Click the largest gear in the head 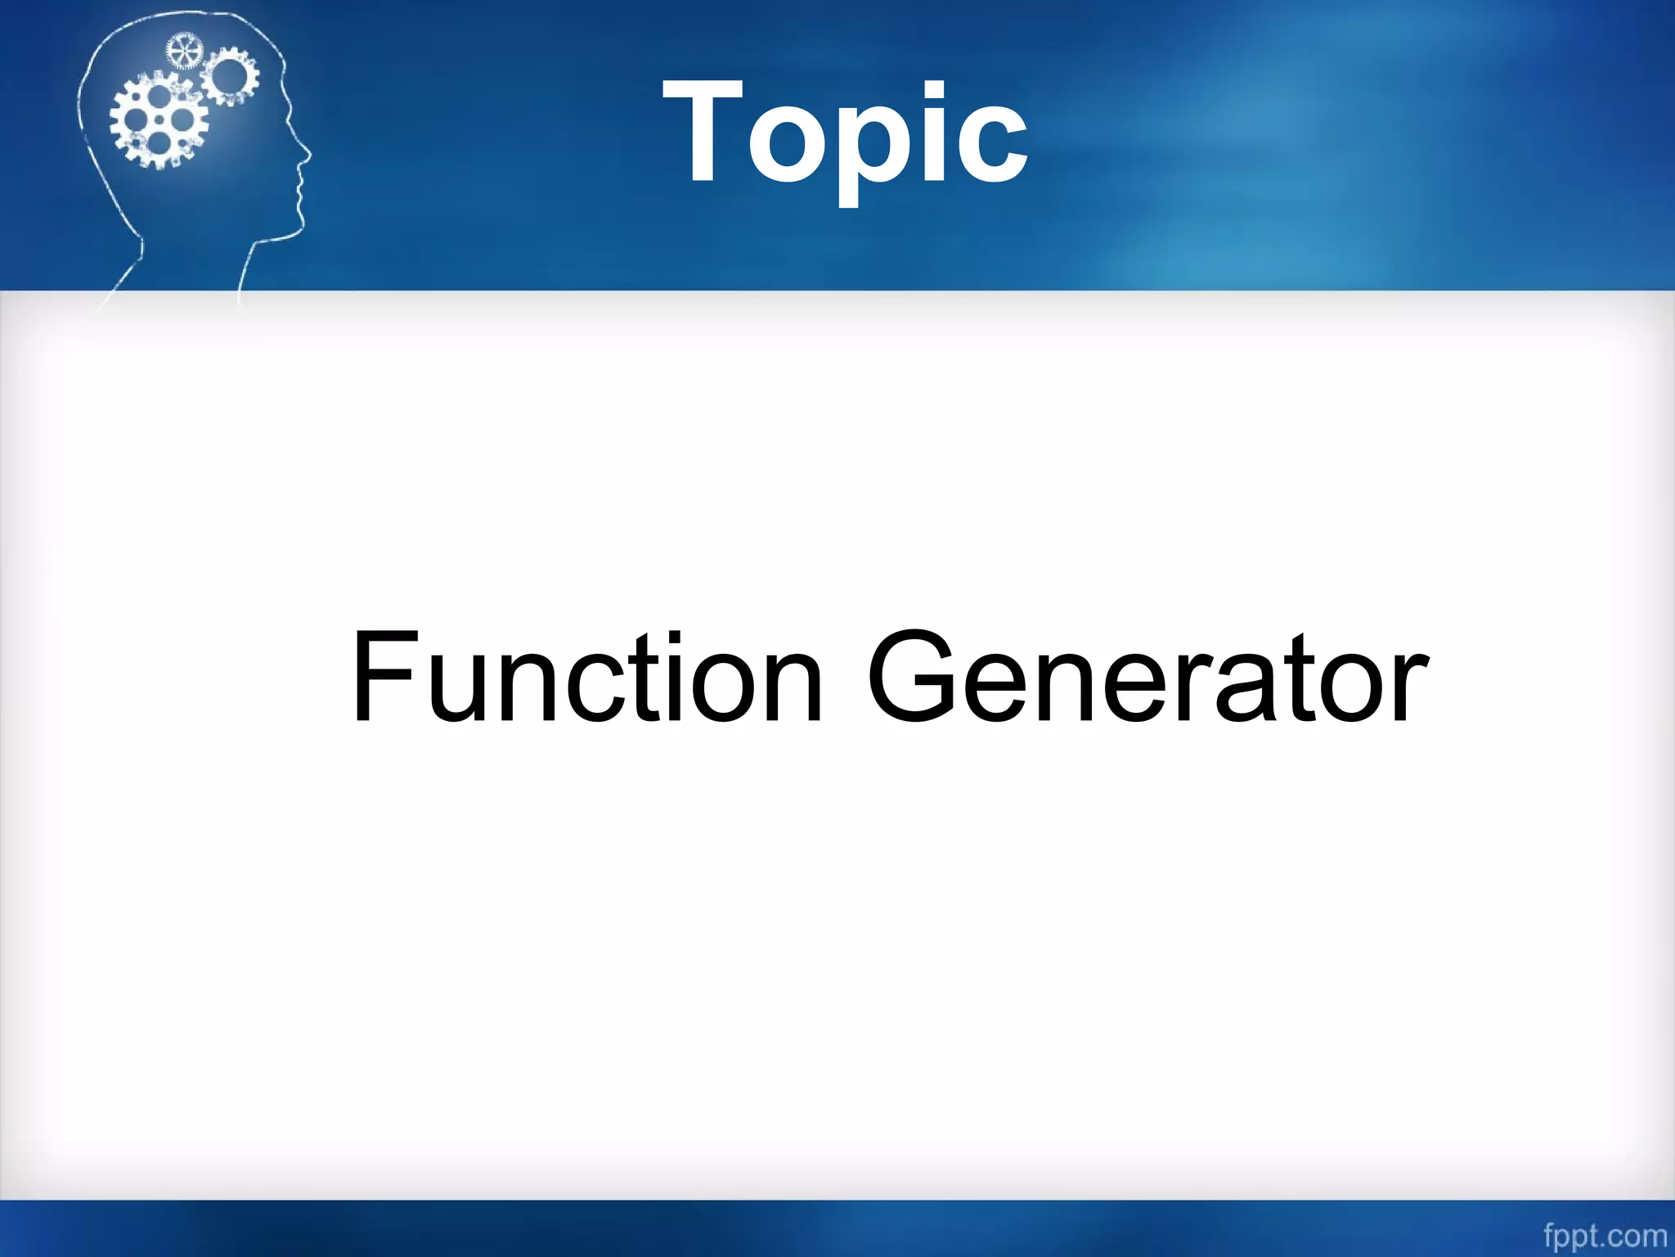[159, 119]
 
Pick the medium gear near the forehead [229, 75]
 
